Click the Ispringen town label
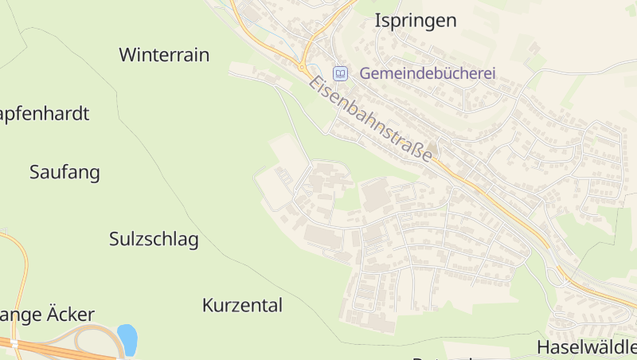pos(416,21)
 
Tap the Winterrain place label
pos(164,55)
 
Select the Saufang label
pos(64,172)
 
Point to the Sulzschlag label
pos(154,239)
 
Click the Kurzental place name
pos(242,305)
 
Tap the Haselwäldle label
pos(587,347)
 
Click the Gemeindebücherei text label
pos(428,73)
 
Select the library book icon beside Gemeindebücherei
pos(341,73)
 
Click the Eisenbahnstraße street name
pos(372,119)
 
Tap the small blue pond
pos(127,338)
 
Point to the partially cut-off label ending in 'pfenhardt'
pos(44,113)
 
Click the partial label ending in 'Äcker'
pos(48,315)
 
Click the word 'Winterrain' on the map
pos(164,55)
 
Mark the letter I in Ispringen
pos(377,21)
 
